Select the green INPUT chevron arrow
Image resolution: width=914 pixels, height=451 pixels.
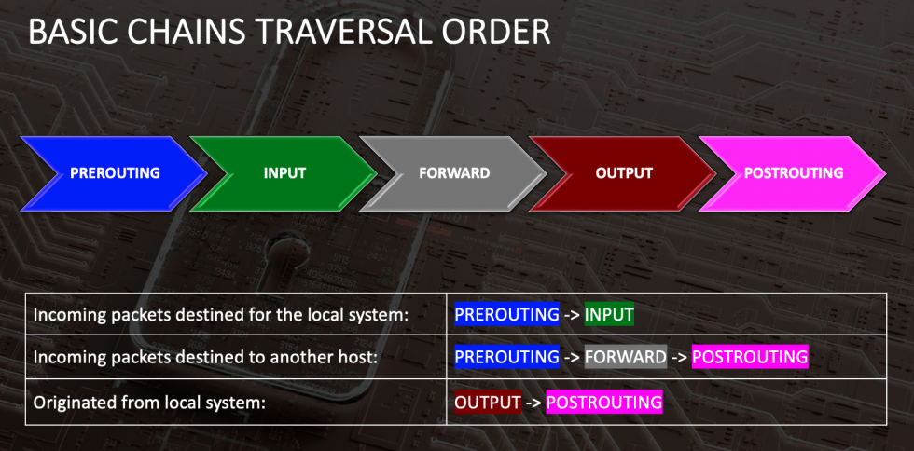click(284, 173)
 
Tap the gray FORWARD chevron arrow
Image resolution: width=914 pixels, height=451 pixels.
click(453, 173)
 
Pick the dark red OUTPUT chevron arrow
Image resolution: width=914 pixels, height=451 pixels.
click(623, 173)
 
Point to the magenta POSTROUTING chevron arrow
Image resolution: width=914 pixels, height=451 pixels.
click(793, 173)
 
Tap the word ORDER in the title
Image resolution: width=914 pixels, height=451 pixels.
click(505, 33)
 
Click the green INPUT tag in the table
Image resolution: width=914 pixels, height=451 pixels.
click(609, 314)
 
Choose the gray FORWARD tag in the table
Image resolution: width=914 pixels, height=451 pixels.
click(626, 357)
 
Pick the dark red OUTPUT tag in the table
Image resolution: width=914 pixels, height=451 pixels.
click(487, 402)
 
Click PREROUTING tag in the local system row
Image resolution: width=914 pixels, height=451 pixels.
click(506, 314)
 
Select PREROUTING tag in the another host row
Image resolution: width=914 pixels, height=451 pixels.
click(506, 357)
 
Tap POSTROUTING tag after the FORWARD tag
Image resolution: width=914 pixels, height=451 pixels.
click(750, 357)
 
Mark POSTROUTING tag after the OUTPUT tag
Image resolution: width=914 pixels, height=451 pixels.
click(604, 402)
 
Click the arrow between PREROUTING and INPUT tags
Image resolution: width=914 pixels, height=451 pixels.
click(572, 315)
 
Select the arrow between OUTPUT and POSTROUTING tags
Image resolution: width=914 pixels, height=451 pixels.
click(533, 402)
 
